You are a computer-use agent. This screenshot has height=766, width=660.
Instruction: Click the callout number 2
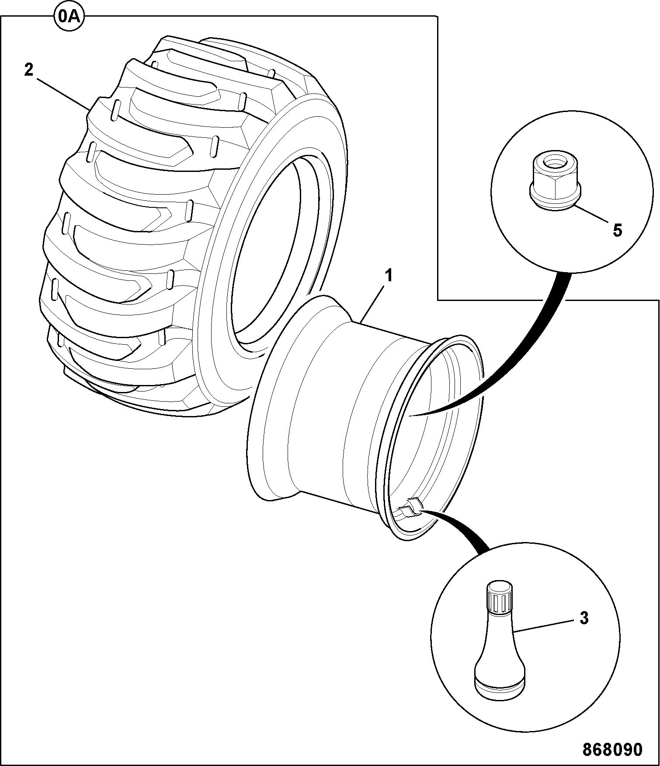(x=28, y=70)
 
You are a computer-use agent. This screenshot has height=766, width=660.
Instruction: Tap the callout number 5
(x=617, y=230)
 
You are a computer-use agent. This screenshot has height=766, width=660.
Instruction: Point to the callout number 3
(x=584, y=618)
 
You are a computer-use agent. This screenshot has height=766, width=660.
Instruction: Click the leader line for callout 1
(x=373, y=304)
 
